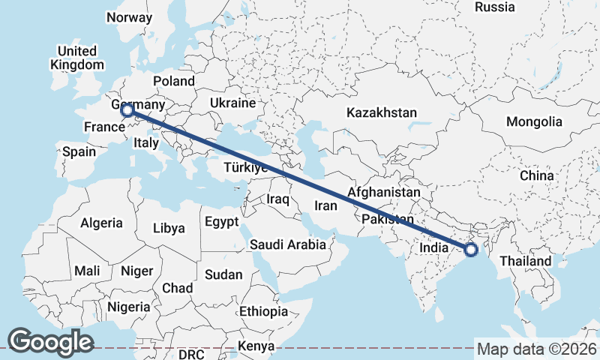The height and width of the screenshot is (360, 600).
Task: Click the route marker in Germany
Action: pos(127,110)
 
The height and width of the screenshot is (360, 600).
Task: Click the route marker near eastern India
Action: pos(471,250)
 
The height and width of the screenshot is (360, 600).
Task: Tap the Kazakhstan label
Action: pos(381,113)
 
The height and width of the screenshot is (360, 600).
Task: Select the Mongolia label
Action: pos(534,121)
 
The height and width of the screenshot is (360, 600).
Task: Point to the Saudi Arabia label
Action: pos(288,244)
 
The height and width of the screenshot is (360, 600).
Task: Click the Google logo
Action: pos(50,342)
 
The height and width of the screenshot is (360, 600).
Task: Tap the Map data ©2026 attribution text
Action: pos(536,349)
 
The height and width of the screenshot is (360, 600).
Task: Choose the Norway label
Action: pos(130,17)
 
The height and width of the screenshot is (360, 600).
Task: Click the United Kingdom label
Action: pos(76,58)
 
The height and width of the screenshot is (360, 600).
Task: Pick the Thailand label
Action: pos(526,261)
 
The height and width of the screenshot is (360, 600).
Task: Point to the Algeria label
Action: pos(101,223)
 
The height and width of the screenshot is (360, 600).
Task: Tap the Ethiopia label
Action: pos(263,311)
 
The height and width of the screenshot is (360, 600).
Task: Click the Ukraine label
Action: pos(232,103)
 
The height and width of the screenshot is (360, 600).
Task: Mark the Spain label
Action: pos(79,151)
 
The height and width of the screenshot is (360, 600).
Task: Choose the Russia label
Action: pos(495,7)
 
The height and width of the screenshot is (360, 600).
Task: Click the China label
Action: pos(536,175)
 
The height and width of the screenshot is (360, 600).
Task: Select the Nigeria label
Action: pos(129,307)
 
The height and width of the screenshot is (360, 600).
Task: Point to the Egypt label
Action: pos(221,222)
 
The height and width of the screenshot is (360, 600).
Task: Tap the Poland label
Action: pos(173,81)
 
